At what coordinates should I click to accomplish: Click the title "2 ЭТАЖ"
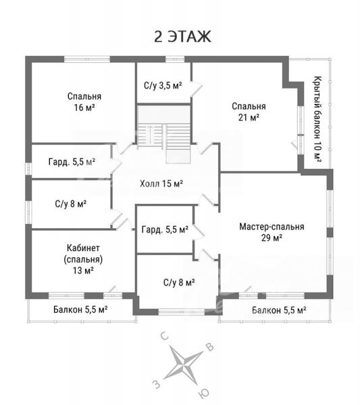click(182, 36)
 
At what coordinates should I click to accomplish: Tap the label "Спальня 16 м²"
click(84, 102)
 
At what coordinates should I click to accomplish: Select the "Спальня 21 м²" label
click(249, 111)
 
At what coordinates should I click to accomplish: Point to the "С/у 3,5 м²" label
click(163, 85)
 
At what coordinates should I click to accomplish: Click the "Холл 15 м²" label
click(161, 184)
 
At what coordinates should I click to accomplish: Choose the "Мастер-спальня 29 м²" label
click(272, 232)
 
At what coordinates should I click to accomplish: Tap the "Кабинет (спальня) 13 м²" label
click(83, 259)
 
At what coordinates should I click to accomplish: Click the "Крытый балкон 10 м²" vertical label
click(317, 119)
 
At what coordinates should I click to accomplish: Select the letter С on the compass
click(165, 336)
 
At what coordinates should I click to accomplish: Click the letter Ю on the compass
click(203, 394)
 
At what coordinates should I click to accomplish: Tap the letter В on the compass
click(210, 348)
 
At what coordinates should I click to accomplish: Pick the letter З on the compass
click(157, 385)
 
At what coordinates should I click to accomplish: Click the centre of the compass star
click(184, 365)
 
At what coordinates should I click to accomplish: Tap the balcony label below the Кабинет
click(80, 309)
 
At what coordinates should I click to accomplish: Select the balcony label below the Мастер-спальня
click(279, 310)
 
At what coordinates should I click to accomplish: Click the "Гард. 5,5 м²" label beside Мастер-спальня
click(165, 230)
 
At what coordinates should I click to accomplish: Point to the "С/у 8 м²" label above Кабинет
click(70, 204)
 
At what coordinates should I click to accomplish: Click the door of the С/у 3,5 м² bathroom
click(197, 88)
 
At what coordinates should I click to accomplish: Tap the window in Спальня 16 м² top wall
click(87, 59)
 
